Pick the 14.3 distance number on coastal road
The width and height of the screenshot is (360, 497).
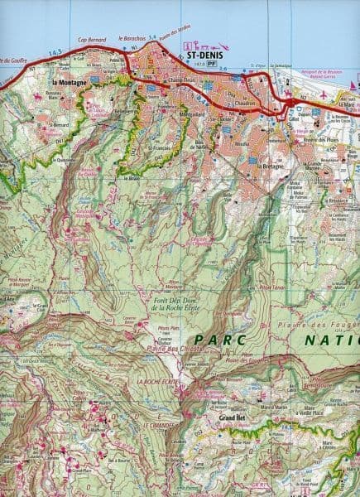pyautogui.click(x=56, y=52)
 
